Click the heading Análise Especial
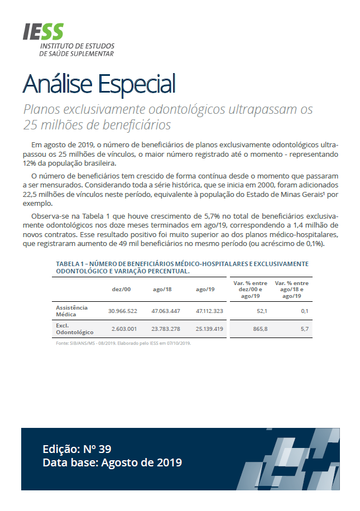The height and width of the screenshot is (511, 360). coord(99,84)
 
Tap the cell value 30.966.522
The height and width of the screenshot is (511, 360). coord(123,311)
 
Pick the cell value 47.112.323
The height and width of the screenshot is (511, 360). coord(209,311)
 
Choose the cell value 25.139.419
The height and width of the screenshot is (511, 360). coord(209,329)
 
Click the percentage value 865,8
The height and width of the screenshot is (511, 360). coord(260,329)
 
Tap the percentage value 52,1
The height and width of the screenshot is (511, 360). coord(262,311)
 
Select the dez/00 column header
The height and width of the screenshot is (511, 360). coord(121,289)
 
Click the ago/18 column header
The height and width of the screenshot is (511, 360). coord(162,289)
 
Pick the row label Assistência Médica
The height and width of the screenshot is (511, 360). coord(72,311)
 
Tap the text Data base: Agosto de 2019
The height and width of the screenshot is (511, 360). coord(112,463)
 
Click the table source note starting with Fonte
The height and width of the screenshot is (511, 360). coord(123,343)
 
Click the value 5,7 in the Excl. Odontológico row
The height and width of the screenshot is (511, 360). coord(304,329)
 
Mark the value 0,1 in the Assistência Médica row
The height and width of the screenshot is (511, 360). coord(304,311)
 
